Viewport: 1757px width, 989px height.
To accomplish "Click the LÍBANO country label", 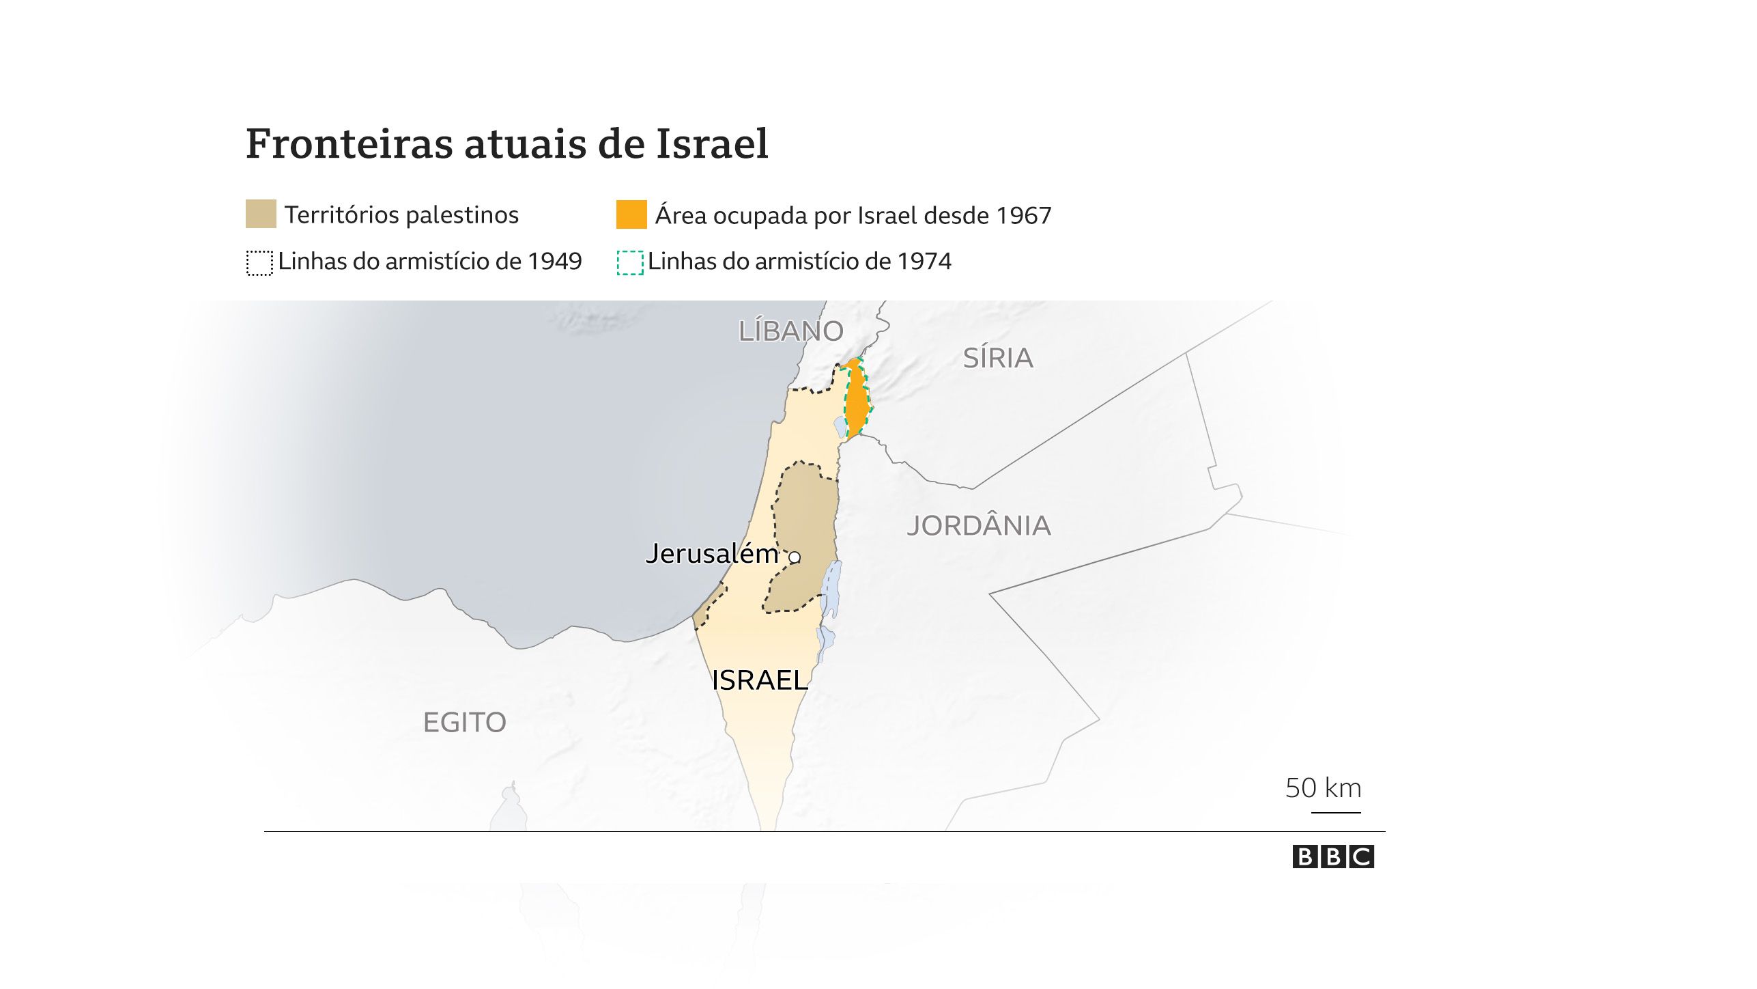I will click(790, 331).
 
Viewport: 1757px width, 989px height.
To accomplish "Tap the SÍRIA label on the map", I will click(997, 358).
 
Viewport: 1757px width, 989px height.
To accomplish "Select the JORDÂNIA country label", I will click(978, 525).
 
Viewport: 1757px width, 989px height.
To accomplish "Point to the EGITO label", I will click(464, 722).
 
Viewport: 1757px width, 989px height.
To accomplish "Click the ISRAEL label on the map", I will click(759, 680).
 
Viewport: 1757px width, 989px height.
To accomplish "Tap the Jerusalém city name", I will click(712, 553).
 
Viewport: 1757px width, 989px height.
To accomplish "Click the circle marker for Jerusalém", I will click(795, 557).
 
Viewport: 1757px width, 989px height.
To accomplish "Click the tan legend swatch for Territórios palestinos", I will click(261, 214).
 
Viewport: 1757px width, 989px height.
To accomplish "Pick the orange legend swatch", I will click(631, 214).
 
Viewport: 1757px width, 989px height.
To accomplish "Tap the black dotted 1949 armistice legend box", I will click(259, 262).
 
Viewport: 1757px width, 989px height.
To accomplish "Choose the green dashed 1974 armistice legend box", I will click(630, 262).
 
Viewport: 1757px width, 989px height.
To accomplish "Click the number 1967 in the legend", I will click(1023, 215).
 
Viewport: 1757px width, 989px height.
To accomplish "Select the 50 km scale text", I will click(1323, 788).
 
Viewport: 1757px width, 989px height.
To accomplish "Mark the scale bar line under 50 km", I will click(1336, 812).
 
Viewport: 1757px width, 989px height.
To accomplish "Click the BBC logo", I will click(1332, 856).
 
